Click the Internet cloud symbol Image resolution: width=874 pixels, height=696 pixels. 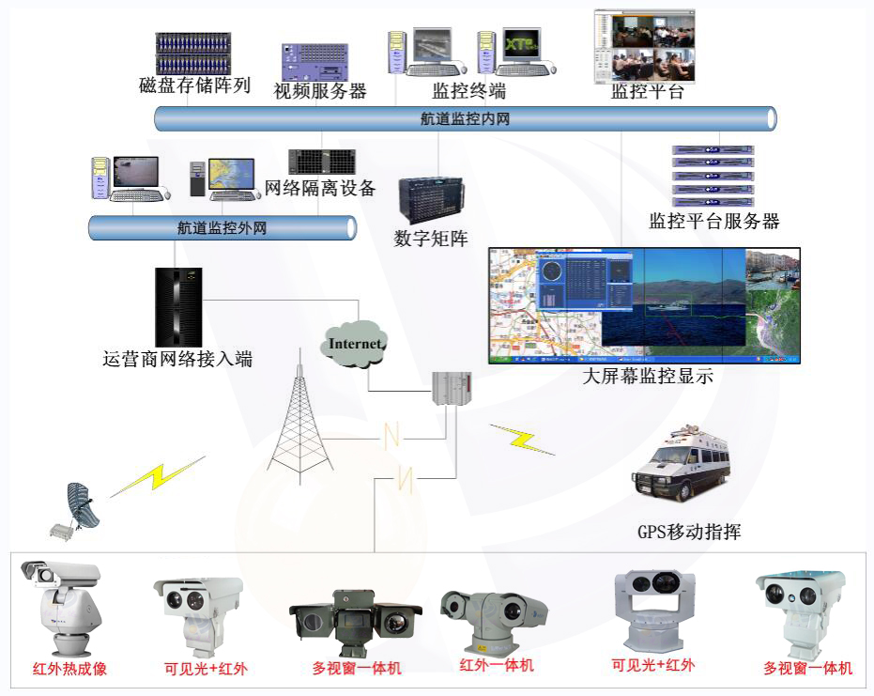356,344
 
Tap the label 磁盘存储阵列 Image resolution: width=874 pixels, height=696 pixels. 194,86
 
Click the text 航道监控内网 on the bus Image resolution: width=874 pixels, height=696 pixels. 465,119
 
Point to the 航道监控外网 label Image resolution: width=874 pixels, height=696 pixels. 222,227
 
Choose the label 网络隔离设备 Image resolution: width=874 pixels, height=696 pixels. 320,189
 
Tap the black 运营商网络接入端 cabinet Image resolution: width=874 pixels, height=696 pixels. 178,307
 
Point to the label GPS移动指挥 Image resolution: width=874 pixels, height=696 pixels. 689,533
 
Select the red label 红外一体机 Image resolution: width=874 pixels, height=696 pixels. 497,665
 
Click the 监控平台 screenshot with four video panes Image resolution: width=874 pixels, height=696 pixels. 647,45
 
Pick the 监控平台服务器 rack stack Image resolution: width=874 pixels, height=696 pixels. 713,176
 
